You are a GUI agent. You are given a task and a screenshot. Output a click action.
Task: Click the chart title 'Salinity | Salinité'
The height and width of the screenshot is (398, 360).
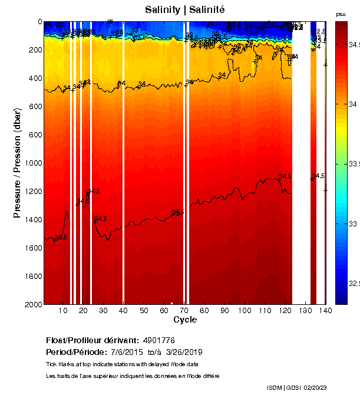tap(184, 9)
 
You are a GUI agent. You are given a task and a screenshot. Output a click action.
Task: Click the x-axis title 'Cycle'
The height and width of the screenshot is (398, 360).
tap(185, 320)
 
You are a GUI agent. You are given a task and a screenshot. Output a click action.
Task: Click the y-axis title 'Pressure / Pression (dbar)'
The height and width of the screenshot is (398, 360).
tap(18, 163)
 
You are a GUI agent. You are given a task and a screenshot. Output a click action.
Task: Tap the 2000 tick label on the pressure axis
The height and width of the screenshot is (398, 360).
tap(32, 304)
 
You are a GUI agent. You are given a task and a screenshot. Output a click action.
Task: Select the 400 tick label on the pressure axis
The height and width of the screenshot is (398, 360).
tap(35, 78)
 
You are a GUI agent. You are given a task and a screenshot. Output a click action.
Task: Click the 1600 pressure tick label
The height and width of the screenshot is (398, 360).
tap(32, 248)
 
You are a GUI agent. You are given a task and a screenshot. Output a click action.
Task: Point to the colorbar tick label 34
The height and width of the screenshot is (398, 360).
tap(352, 104)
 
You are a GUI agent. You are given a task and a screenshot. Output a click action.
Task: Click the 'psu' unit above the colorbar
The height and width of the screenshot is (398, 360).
tap(341, 14)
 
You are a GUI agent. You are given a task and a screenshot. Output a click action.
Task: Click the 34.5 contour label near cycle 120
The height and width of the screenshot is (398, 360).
tap(285, 176)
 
